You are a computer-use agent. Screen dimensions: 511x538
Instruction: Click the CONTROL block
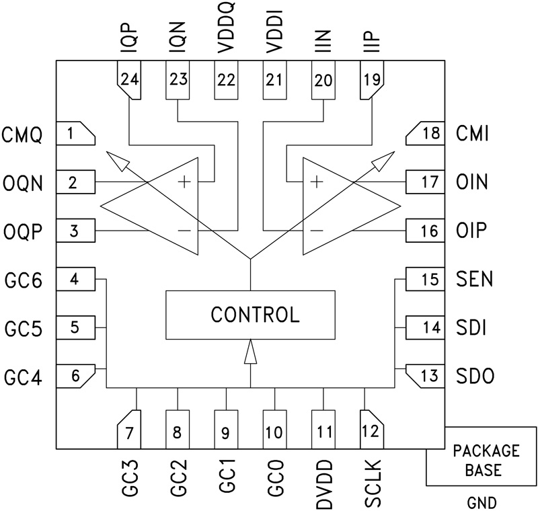[x=250, y=315]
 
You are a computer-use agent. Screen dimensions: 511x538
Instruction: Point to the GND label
[x=482, y=501]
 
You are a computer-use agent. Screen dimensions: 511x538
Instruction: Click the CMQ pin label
[x=22, y=134]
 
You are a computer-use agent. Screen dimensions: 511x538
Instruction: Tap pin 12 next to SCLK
[x=371, y=431]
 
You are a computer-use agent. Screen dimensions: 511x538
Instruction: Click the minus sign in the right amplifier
[x=317, y=230]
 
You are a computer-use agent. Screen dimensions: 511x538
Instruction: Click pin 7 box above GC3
[x=129, y=431]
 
